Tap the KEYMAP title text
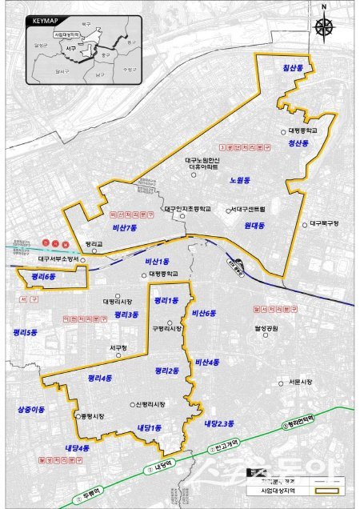(42, 14)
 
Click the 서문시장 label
(300, 381)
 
